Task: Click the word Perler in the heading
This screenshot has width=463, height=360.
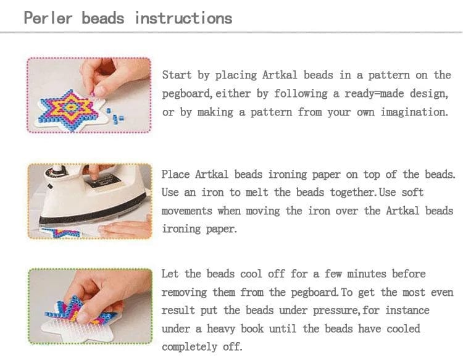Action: click(48, 18)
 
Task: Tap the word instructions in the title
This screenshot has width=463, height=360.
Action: click(183, 18)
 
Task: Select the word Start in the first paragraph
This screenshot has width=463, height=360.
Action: click(177, 75)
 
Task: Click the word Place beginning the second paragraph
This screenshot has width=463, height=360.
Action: click(176, 174)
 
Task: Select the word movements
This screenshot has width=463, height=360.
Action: click(186, 211)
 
